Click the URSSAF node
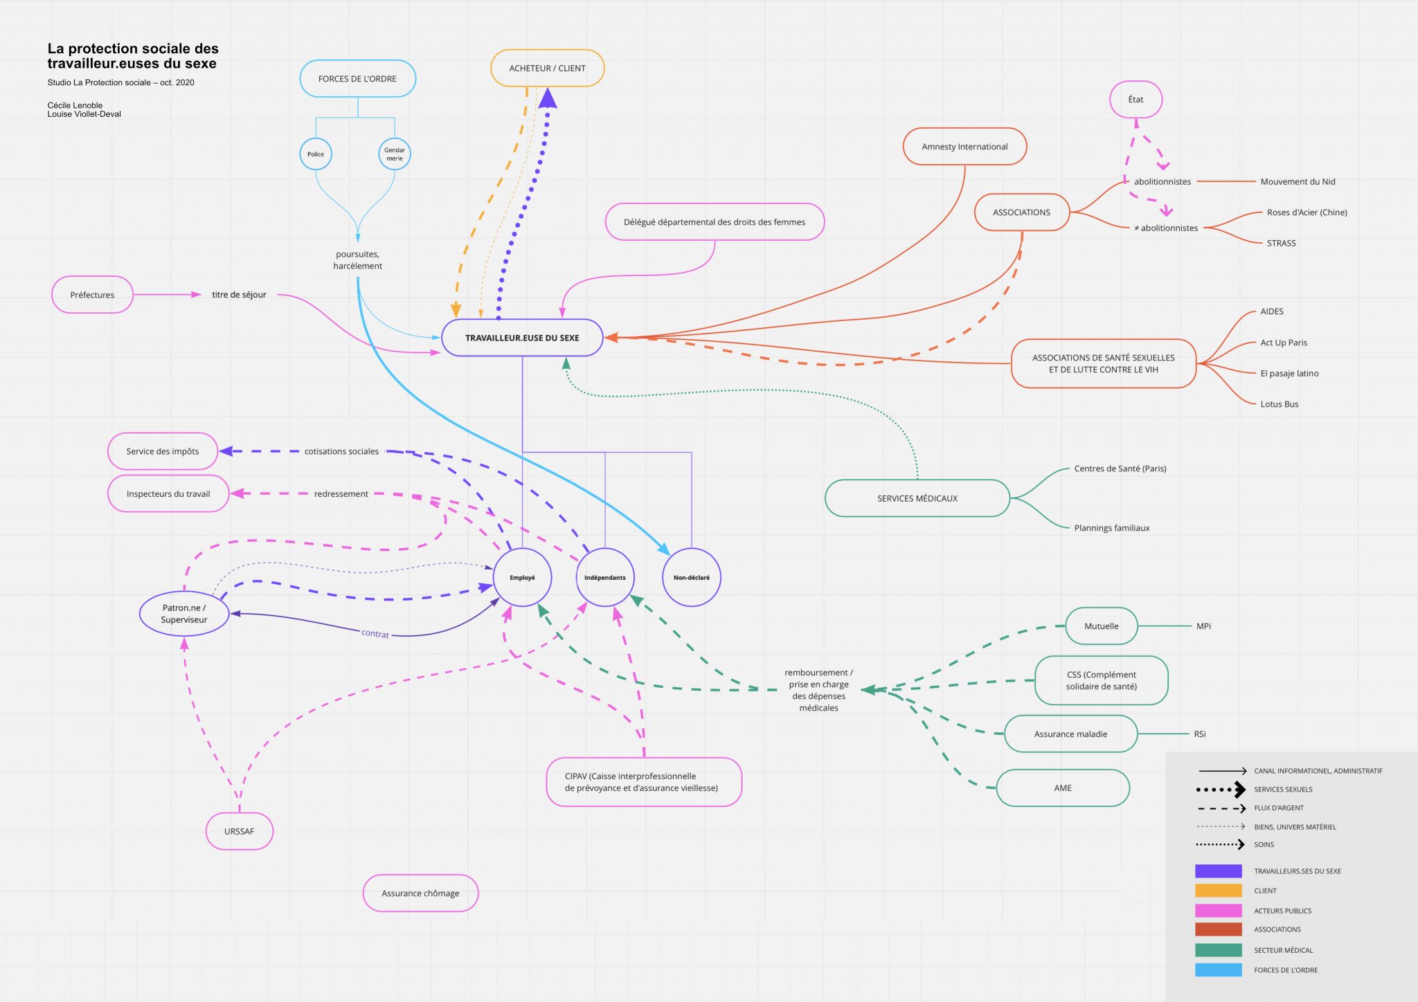pyautogui.click(x=240, y=831)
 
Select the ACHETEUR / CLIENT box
pyautogui.click(x=548, y=68)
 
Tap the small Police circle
pyautogui.click(x=316, y=154)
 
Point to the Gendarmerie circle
pyautogui.click(x=395, y=154)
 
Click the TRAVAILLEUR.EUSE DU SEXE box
pyautogui.click(x=522, y=338)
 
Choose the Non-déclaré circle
pyautogui.click(x=692, y=577)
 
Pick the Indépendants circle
pyautogui.click(x=605, y=577)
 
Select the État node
pyautogui.click(x=1136, y=99)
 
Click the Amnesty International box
pyautogui.click(x=964, y=146)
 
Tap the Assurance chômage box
pyautogui.click(x=420, y=893)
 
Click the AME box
pyautogui.click(x=1063, y=787)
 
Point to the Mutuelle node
pyautogui.click(x=1102, y=626)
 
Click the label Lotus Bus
pyautogui.click(x=1280, y=404)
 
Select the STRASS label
pyautogui.click(x=1282, y=243)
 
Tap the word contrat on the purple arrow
pyautogui.click(x=375, y=633)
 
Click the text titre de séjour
pyautogui.click(x=239, y=295)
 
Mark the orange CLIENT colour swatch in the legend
pyautogui.click(x=1219, y=891)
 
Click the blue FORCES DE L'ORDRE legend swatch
pyautogui.click(x=1219, y=970)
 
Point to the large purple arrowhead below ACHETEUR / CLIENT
pyautogui.click(x=548, y=98)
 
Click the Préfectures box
pyautogui.click(x=92, y=295)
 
